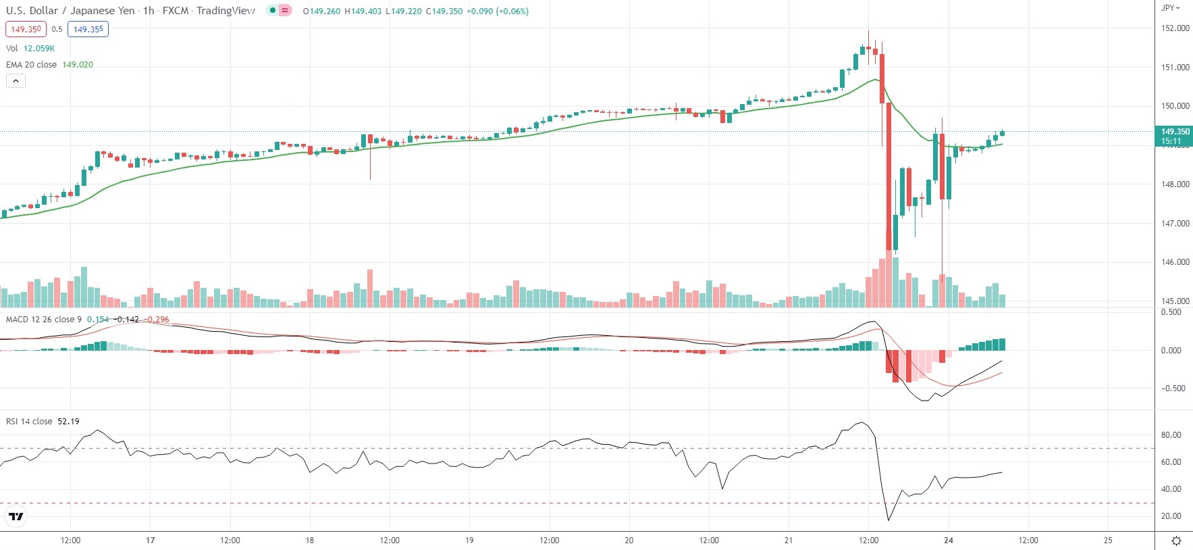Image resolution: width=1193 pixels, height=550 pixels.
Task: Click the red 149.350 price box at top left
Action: pyautogui.click(x=26, y=29)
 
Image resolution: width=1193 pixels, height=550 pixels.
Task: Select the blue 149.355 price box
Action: pyautogui.click(x=88, y=29)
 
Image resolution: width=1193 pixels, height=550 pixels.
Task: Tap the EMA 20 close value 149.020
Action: pyautogui.click(x=78, y=65)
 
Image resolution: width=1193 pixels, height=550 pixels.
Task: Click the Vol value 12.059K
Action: pyautogui.click(x=39, y=49)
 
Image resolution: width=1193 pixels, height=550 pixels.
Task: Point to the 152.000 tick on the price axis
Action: pyautogui.click(x=1175, y=28)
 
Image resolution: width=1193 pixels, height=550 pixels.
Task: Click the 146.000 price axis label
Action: pyautogui.click(x=1175, y=262)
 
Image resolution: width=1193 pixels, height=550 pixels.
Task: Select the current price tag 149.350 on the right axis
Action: pyautogui.click(x=1175, y=132)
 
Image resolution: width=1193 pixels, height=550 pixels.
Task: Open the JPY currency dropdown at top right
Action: pyautogui.click(x=1170, y=8)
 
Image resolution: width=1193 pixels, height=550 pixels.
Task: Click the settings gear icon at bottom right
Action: pyautogui.click(x=1176, y=541)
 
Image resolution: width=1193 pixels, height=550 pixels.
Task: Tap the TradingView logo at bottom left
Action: pyautogui.click(x=16, y=517)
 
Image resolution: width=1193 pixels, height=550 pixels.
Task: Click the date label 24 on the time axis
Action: pyautogui.click(x=949, y=541)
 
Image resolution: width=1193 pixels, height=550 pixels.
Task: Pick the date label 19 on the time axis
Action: pyautogui.click(x=469, y=541)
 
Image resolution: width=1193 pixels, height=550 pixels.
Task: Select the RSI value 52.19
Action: pyautogui.click(x=68, y=422)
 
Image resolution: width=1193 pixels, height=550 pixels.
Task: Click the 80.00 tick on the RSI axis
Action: pyautogui.click(x=1171, y=435)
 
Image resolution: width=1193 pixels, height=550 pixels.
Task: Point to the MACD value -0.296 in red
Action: pyautogui.click(x=157, y=320)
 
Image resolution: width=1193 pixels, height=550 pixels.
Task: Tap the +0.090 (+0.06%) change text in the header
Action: pyautogui.click(x=498, y=11)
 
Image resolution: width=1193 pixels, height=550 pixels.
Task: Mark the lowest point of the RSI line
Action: pyautogui.click(x=889, y=520)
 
